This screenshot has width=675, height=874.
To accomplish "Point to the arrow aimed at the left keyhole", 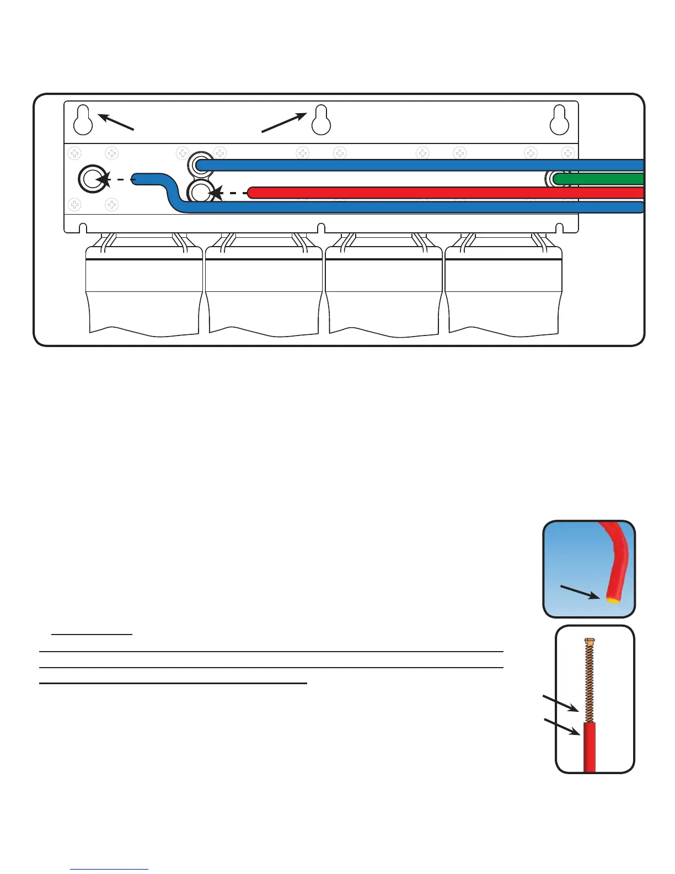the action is (116, 122).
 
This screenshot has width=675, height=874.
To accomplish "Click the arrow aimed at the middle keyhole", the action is (283, 122).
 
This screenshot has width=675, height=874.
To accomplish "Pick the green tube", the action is (601, 179).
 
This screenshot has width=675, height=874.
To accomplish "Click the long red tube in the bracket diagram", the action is (441, 193).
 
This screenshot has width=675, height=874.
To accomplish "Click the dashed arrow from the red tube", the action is (229, 193).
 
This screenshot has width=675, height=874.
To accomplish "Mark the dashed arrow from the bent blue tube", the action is (116, 179).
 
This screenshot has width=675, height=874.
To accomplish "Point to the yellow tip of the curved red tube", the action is (612, 600).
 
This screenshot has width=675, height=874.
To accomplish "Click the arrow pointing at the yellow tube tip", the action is (579, 592).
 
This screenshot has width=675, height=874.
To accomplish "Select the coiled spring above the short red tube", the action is (589, 684).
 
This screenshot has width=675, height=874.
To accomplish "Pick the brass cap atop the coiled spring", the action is (589, 641).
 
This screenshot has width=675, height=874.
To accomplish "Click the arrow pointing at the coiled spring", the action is (561, 704).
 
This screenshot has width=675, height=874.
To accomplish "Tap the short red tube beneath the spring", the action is (589, 748).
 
